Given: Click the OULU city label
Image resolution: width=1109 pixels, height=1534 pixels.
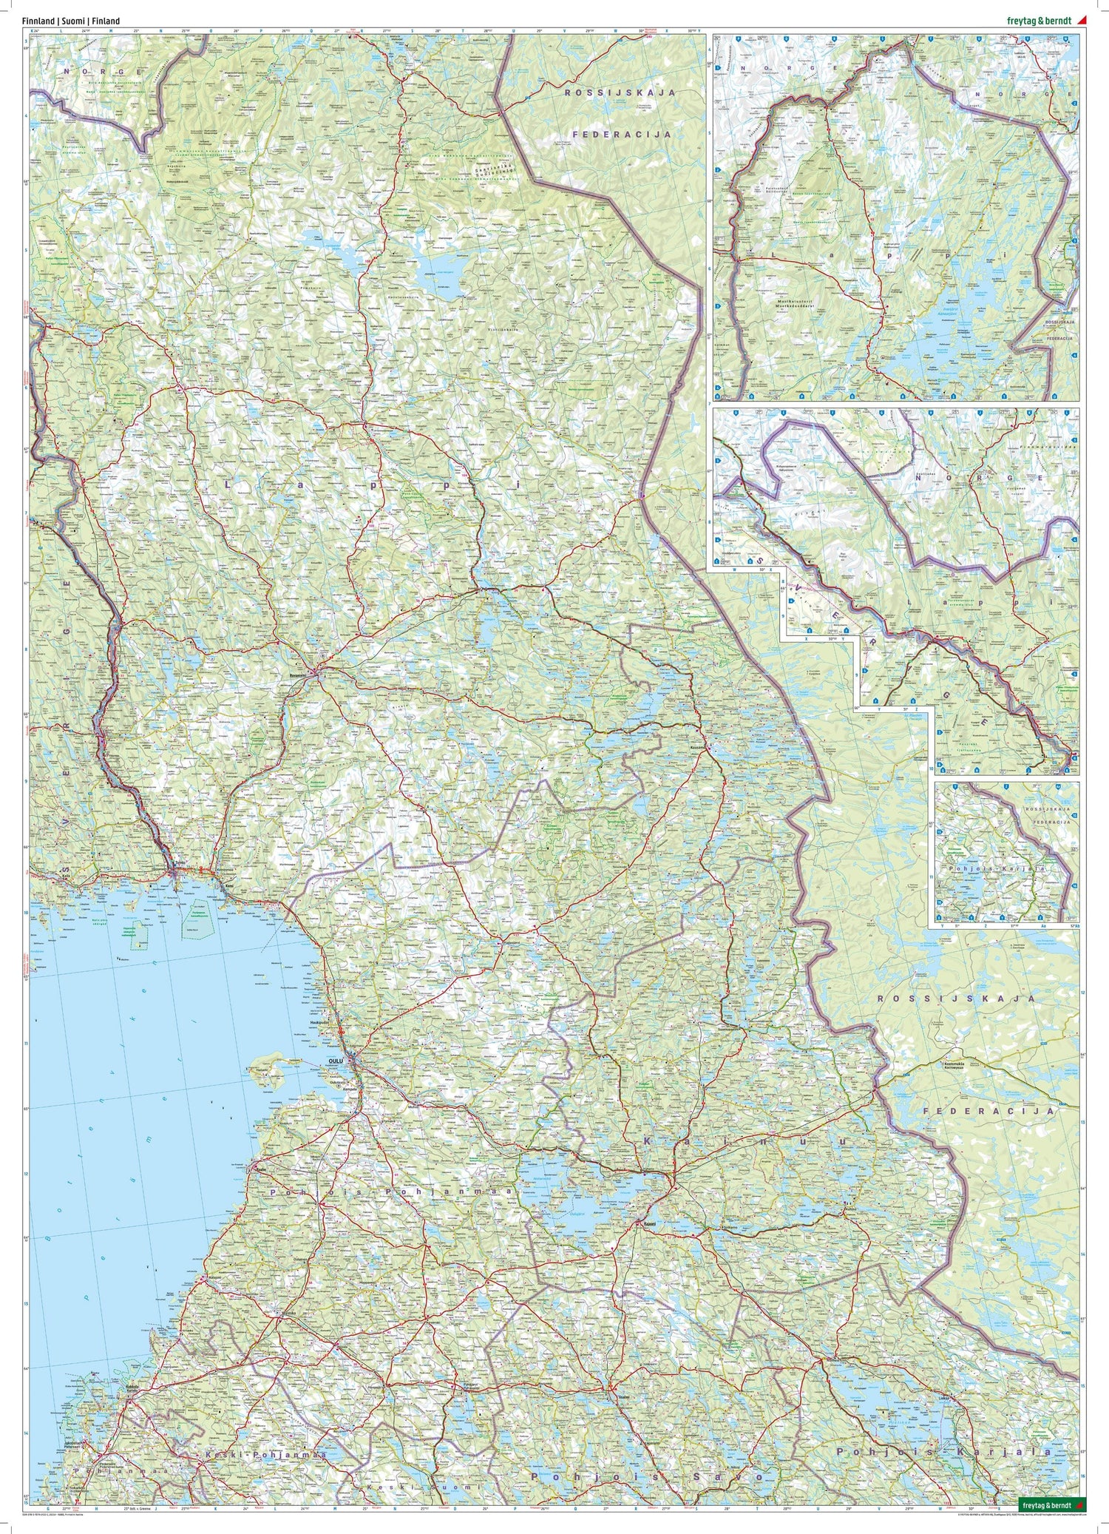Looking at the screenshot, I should coord(336,1061).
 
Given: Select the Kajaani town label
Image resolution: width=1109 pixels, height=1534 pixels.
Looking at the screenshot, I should coord(649,1223).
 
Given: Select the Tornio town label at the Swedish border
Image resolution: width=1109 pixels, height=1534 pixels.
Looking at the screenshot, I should coord(179,862).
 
